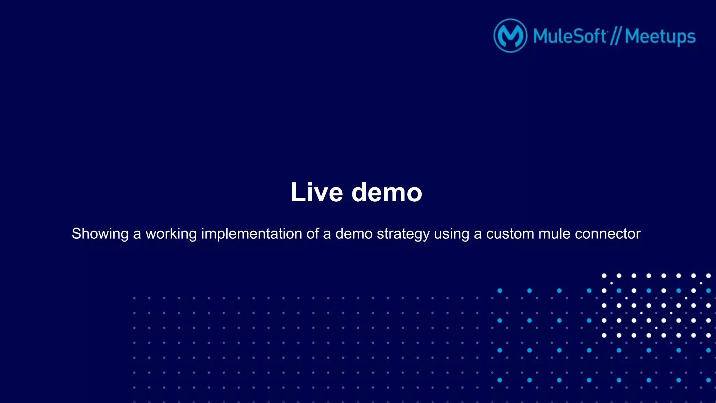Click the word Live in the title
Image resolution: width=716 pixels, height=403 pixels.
click(x=316, y=192)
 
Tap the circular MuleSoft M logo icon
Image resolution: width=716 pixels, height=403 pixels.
click(x=510, y=36)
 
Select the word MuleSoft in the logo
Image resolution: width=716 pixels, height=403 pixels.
click(x=570, y=36)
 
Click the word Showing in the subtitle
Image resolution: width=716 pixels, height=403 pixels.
click(x=100, y=234)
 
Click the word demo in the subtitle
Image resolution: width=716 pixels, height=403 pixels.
click(x=354, y=233)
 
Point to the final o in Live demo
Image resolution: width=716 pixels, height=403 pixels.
click(x=413, y=194)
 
